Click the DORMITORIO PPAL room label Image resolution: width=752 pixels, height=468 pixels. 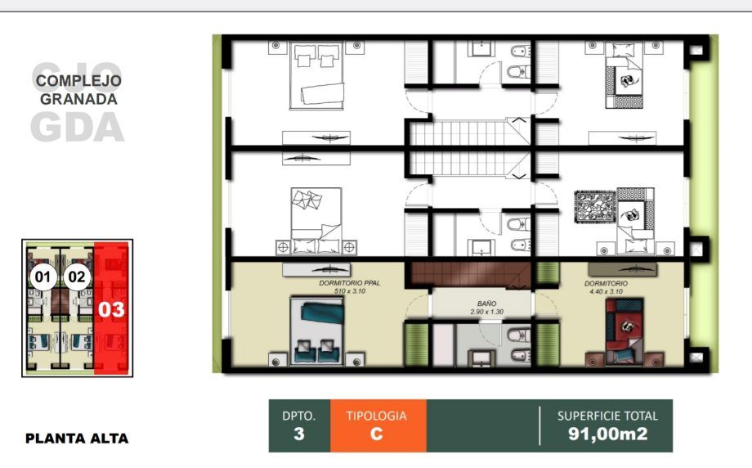tap(350, 283)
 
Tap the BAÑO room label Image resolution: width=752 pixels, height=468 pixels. tap(487, 304)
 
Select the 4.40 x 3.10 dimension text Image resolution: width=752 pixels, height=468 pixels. tap(606, 291)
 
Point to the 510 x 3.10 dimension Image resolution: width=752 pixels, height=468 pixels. tap(350, 291)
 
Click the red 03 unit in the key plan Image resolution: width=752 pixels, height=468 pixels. tap(111, 308)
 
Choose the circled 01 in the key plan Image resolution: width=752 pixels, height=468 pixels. tap(43, 277)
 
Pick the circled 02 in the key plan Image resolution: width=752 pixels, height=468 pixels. tap(77, 277)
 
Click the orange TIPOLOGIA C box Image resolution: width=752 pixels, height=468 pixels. tap(378, 425)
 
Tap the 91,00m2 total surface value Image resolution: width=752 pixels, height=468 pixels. tap(607, 434)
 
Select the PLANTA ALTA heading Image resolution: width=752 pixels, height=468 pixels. tap(77, 439)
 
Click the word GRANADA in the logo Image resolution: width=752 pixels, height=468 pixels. tap(78, 99)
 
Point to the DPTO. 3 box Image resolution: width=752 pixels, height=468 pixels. tap(299, 425)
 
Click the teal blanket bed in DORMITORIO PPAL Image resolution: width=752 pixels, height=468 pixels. tap(316, 331)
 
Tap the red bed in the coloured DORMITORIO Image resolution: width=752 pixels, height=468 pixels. tap(624, 331)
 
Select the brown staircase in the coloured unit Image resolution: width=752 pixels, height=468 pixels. tap(469, 275)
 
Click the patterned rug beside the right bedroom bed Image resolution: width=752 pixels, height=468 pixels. tap(595, 207)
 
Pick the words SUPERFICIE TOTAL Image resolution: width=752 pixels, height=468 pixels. tap(607, 416)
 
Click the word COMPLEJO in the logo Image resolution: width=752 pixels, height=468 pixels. tap(78, 81)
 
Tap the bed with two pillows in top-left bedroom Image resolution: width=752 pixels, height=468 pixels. tap(316, 76)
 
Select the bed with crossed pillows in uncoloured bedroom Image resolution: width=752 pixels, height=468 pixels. tap(316, 221)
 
